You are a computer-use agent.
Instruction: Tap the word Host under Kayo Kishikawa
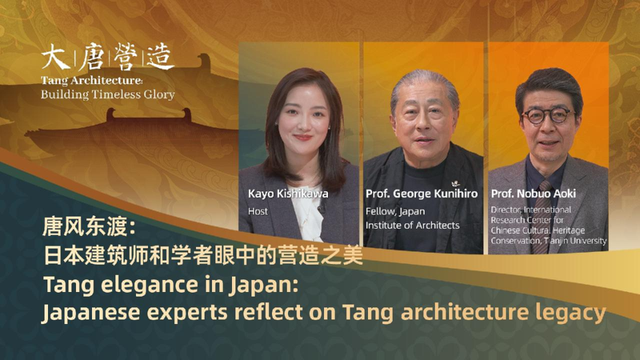(x=258, y=211)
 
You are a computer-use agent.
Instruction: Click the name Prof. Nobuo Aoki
(x=535, y=194)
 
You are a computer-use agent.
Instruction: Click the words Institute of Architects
(x=413, y=226)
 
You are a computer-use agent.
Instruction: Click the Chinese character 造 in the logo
(x=158, y=58)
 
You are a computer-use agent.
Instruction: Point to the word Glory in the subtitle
(x=157, y=94)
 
